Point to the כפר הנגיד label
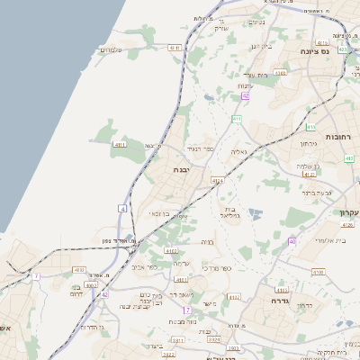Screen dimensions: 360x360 coord(199,148)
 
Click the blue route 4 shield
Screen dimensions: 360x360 coord(121,208)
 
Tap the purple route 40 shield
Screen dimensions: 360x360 coord(292,241)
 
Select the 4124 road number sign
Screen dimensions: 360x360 coord(218,181)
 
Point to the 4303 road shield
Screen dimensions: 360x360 coord(281,74)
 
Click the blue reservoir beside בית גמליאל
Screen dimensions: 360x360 coord(256,214)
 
